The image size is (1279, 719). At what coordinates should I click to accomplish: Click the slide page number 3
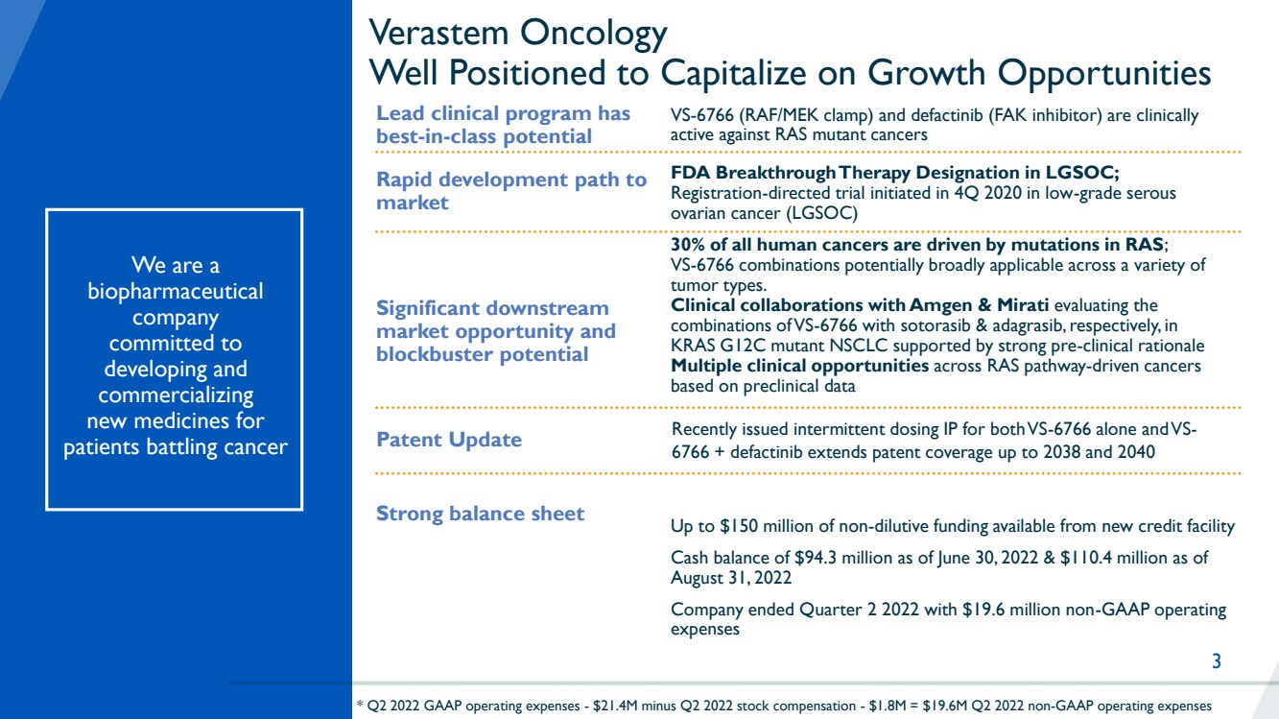(x=1217, y=660)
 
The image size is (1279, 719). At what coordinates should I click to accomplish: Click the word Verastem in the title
(x=438, y=32)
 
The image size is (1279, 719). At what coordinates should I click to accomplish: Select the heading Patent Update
(x=449, y=439)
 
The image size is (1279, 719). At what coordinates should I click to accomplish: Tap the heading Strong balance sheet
(x=480, y=513)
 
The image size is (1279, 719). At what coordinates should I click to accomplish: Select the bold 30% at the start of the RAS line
(x=687, y=245)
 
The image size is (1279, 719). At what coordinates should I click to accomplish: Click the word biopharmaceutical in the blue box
(x=176, y=291)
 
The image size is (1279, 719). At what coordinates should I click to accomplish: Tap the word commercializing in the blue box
(x=176, y=395)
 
